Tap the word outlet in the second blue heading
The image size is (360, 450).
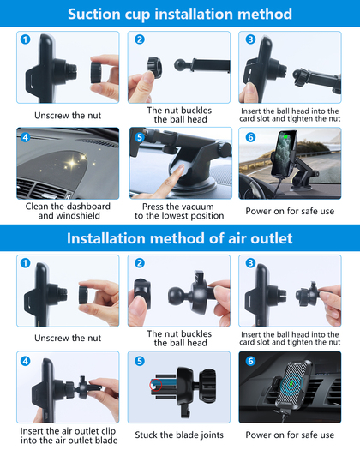pyautogui.click(x=272, y=238)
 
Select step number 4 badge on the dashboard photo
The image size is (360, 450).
pyautogui.click(x=25, y=137)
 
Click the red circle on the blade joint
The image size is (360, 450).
pyautogui.click(x=156, y=385)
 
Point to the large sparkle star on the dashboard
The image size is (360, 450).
pyautogui.click(x=72, y=164)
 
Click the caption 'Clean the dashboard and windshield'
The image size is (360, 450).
pyautogui.click(x=68, y=211)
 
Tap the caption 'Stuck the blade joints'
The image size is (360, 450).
pyautogui.click(x=179, y=435)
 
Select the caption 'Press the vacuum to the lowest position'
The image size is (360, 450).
pyautogui.click(x=179, y=211)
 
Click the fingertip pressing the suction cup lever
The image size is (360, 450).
pyautogui.click(x=181, y=168)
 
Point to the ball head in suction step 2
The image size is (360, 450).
pyautogui.click(x=180, y=65)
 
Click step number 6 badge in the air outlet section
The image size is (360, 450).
pyautogui.click(x=250, y=361)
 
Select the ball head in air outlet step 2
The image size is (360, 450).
pyautogui.click(x=176, y=296)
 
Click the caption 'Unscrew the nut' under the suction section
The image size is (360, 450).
pyautogui.click(x=68, y=116)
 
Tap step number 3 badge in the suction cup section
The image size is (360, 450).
pyautogui.click(x=250, y=39)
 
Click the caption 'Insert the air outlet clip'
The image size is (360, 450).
pyautogui.click(x=68, y=431)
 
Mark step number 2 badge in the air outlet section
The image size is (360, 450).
pyautogui.click(x=140, y=263)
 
